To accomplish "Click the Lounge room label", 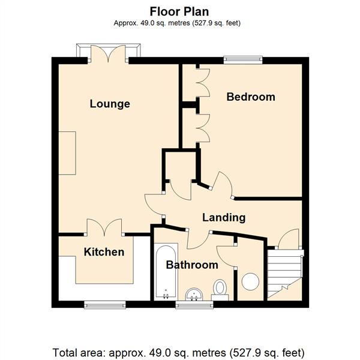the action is click(x=110, y=104).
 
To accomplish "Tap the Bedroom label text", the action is click(x=251, y=97).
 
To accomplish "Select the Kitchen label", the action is click(x=104, y=252).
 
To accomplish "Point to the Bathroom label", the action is click(x=192, y=265).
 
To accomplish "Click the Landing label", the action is click(x=224, y=217).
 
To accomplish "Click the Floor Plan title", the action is click(x=179, y=11).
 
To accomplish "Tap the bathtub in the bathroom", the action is click(x=166, y=272).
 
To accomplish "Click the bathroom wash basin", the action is click(x=194, y=295).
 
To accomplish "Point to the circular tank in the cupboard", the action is click(x=250, y=281).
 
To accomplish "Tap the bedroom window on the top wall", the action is click(x=243, y=60).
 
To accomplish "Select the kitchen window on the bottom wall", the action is click(x=105, y=304).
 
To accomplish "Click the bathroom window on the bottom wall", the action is click(x=194, y=304).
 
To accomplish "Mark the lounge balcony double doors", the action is click(x=108, y=54).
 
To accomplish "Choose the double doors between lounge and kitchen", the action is click(x=104, y=227).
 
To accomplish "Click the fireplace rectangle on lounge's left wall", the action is click(x=67, y=153).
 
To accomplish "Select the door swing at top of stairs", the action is click(x=289, y=238).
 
